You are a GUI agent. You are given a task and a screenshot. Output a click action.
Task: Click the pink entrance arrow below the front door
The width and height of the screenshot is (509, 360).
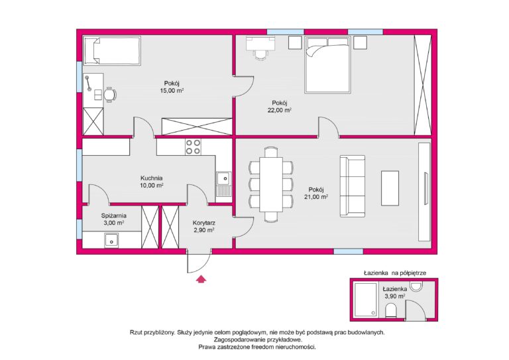[x=201, y=279]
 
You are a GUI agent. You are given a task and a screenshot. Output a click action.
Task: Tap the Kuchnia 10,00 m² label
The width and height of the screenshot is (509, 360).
[x=152, y=182]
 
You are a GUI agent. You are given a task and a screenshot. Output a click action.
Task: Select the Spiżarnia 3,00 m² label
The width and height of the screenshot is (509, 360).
[x=113, y=219]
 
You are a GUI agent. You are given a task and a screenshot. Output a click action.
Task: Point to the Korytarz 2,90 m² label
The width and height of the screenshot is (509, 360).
[x=204, y=227]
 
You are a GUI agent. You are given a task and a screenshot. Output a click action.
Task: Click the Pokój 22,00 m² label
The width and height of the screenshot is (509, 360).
[x=280, y=107]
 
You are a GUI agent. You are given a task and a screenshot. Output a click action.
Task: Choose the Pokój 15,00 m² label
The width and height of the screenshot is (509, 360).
[x=172, y=87]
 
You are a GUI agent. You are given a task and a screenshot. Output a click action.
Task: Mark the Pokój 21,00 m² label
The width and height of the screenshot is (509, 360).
[x=316, y=193]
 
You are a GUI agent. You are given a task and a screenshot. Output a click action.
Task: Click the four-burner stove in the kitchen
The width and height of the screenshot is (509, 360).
[x=193, y=147]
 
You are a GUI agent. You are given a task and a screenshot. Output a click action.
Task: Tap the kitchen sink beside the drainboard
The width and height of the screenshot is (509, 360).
[x=223, y=178]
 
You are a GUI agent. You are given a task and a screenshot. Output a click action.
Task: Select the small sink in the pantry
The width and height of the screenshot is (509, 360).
[x=111, y=241]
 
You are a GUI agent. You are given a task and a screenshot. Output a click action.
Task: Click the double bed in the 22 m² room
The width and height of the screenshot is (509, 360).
[x=327, y=65]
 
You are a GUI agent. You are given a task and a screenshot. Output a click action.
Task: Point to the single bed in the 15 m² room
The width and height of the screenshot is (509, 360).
[x=112, y=50]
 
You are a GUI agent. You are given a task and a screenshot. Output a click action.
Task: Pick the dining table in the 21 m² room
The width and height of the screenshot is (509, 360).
[x=271, y=184]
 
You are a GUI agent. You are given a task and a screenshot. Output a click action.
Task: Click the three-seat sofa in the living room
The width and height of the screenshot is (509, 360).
[x=352, y=186]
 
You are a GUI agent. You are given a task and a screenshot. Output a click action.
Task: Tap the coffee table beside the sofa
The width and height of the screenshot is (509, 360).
[x=390, y=188]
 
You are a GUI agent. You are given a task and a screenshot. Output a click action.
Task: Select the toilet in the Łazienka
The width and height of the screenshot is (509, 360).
[x=391, y=311]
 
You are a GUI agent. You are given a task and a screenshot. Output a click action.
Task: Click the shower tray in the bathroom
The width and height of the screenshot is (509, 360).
[x=365, y=300]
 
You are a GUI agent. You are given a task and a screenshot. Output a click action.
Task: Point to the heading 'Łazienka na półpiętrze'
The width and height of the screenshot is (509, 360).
[x=395, y=273]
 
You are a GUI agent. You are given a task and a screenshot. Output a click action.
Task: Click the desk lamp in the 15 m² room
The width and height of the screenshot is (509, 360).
[x=87, y=84]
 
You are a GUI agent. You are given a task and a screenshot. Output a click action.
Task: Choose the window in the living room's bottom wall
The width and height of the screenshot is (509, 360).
[x=349, y=251]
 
